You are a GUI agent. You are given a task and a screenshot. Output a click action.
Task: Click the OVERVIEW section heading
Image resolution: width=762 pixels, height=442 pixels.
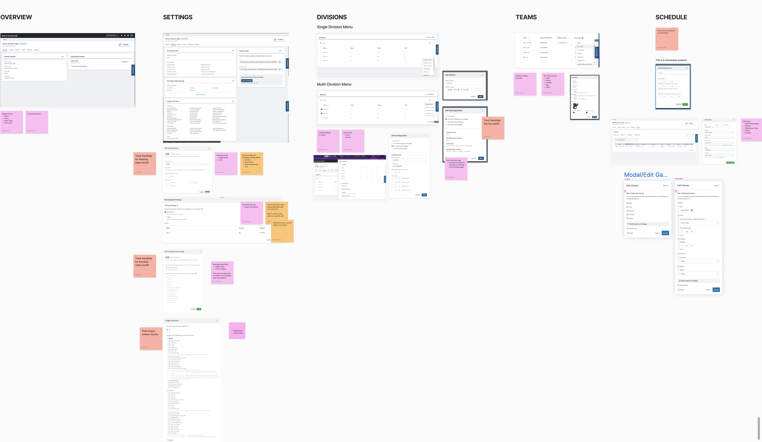[16, 17]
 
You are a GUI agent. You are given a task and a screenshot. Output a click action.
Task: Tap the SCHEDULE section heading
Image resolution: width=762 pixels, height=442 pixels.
[671, 17]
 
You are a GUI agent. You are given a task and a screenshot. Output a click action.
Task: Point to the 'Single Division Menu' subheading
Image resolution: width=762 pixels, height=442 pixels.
[334, 27]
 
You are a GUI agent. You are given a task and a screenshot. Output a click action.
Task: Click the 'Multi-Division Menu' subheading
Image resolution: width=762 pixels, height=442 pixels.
[334, 84]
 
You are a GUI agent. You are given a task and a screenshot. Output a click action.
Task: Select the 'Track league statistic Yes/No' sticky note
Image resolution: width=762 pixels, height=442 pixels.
[151, 338]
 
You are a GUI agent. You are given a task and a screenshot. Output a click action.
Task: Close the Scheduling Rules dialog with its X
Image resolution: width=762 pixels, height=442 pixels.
[687, 68]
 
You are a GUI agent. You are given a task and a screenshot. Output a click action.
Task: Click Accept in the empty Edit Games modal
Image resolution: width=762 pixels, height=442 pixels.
[665, 233]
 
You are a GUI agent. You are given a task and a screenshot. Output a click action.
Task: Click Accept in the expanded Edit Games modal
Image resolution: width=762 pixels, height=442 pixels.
[716, 290]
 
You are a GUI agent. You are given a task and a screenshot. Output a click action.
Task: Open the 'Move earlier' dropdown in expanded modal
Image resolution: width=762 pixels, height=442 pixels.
[699, 223]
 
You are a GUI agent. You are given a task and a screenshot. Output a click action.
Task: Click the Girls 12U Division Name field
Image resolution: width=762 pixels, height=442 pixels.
[464, 83]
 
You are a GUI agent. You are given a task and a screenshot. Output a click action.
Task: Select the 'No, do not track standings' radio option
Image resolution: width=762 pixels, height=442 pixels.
[447, 125]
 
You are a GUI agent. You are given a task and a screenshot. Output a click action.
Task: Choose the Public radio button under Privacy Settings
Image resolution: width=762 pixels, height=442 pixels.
[165, 217]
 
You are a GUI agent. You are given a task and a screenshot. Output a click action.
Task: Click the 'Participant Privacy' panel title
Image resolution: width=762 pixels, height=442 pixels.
[173, 200]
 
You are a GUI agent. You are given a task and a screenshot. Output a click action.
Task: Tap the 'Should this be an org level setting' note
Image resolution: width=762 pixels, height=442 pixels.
[282, 231]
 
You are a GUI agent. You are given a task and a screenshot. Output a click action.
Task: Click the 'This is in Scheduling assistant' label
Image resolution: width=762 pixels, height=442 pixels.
[671, 60]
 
